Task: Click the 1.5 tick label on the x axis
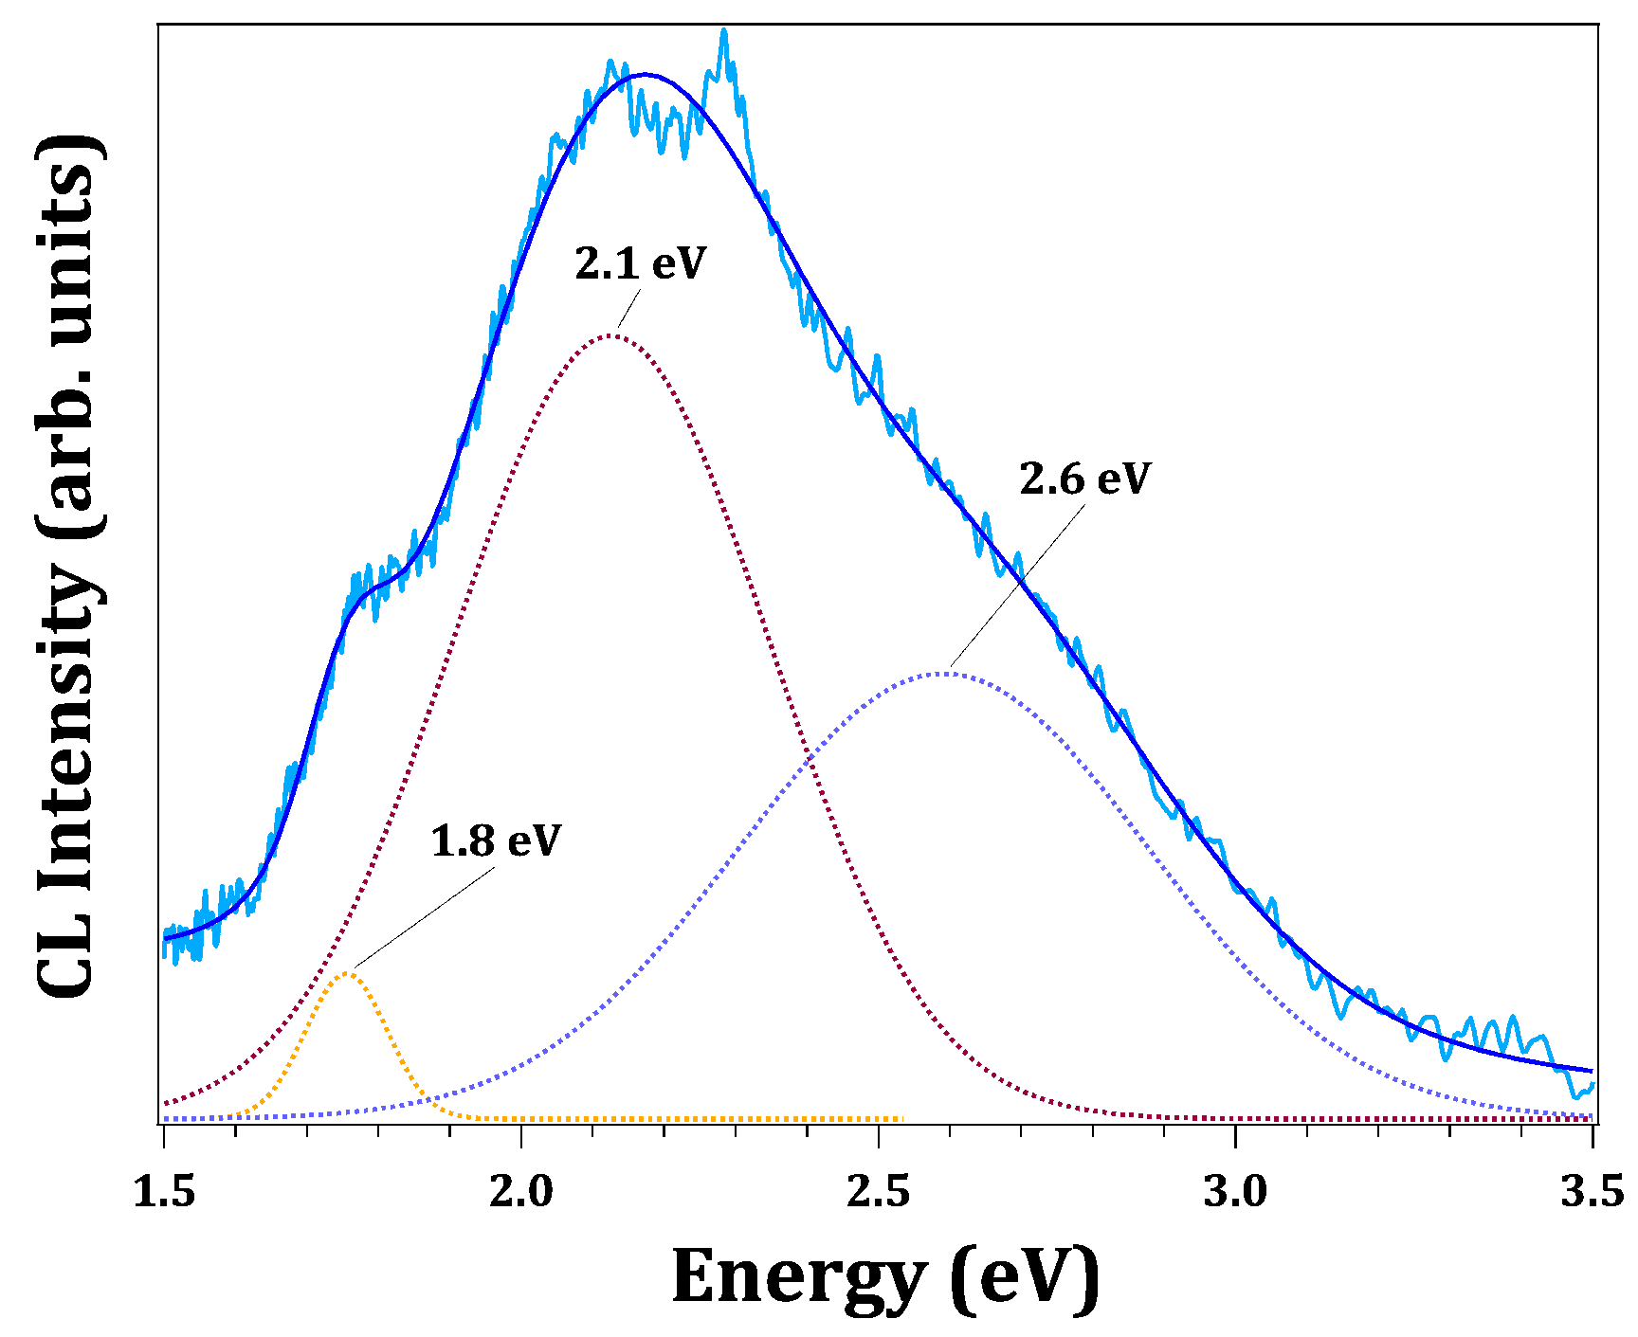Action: click(164, 1192)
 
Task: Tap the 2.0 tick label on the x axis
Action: click(521, 1192)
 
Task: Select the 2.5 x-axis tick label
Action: click(879, 1192)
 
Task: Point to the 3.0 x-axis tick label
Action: click(1235, 1192)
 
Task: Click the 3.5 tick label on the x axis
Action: click(1592, 1192)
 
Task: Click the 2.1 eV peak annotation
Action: click(641, 263)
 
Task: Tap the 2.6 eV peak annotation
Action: click(1084, 479)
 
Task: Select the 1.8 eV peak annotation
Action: click(496, 841)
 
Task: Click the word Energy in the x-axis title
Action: click(798, 1276)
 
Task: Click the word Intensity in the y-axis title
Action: click(68, 730)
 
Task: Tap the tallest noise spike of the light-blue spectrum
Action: click(724, 31)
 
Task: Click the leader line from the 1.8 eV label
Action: click(425, 918)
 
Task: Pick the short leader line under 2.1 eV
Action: click(629, 305)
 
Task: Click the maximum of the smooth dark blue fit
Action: click(646, 74)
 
